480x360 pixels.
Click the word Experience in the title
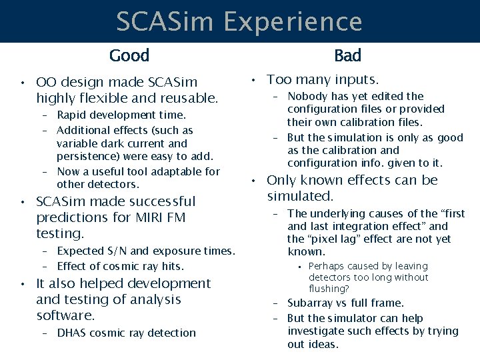tap(293, 22)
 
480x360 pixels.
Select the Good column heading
tap(129, 55)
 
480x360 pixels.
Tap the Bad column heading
tap(347, 55)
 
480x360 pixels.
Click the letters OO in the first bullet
tap(46, 83)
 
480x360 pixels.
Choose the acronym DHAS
tap(71, 333)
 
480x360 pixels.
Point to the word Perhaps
tap(327, 266)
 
